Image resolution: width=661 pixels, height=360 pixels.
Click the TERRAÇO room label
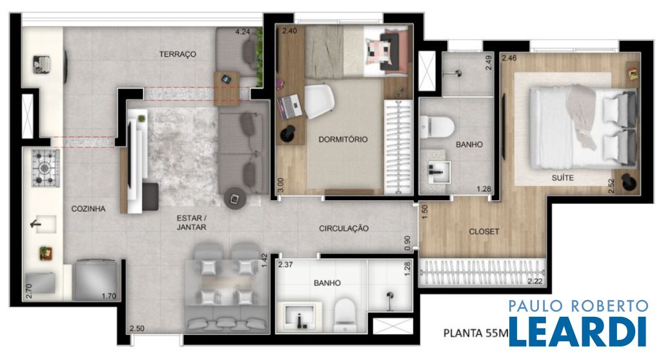178,54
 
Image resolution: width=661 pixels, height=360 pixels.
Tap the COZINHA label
88,208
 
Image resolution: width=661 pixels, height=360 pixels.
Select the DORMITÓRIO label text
343,139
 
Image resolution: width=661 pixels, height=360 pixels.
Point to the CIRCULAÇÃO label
343,228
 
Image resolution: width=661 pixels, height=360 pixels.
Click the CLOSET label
484,232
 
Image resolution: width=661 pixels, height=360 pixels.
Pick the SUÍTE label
563,178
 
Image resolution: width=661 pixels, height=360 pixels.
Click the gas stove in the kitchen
45,168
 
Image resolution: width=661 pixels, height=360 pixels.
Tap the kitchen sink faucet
37,223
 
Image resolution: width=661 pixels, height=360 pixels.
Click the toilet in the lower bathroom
345,314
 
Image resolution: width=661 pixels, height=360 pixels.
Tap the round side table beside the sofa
235,198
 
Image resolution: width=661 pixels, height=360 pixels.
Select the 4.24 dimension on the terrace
243,31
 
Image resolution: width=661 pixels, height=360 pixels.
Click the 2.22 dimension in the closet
535,281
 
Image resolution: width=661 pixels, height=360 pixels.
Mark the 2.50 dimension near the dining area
137,328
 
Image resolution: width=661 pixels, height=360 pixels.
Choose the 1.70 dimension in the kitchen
108,296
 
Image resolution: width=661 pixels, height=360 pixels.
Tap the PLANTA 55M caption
476,334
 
